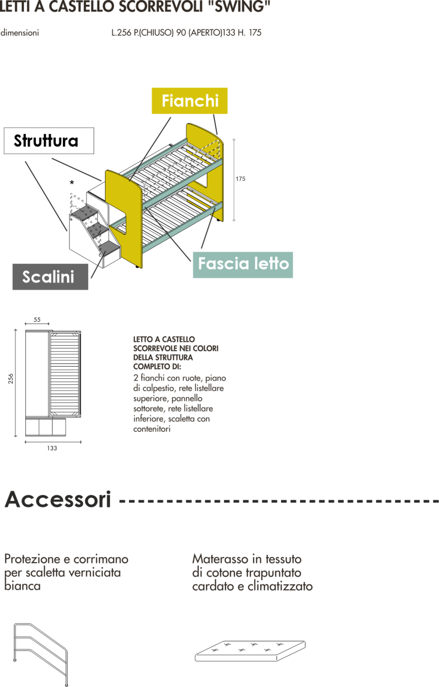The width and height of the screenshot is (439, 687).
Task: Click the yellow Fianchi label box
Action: [x=189, y=101]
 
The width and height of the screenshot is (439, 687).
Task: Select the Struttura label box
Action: [x=49, y=141]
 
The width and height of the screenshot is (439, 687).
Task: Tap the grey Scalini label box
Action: [x=50, y=276]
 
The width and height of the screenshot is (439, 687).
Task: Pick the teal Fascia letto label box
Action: [x=243, y=265]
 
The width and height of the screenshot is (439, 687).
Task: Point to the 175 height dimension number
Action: [x=240, y=179]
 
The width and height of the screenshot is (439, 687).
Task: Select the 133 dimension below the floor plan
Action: [x=52, y=448]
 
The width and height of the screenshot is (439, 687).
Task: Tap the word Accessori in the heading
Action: [x=58, y=499]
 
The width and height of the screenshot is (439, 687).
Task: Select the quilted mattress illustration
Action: [x=250, y=650]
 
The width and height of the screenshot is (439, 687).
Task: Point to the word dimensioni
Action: [x=19, y=33]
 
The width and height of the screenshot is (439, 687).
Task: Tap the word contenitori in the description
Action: [x=152, y=429]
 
